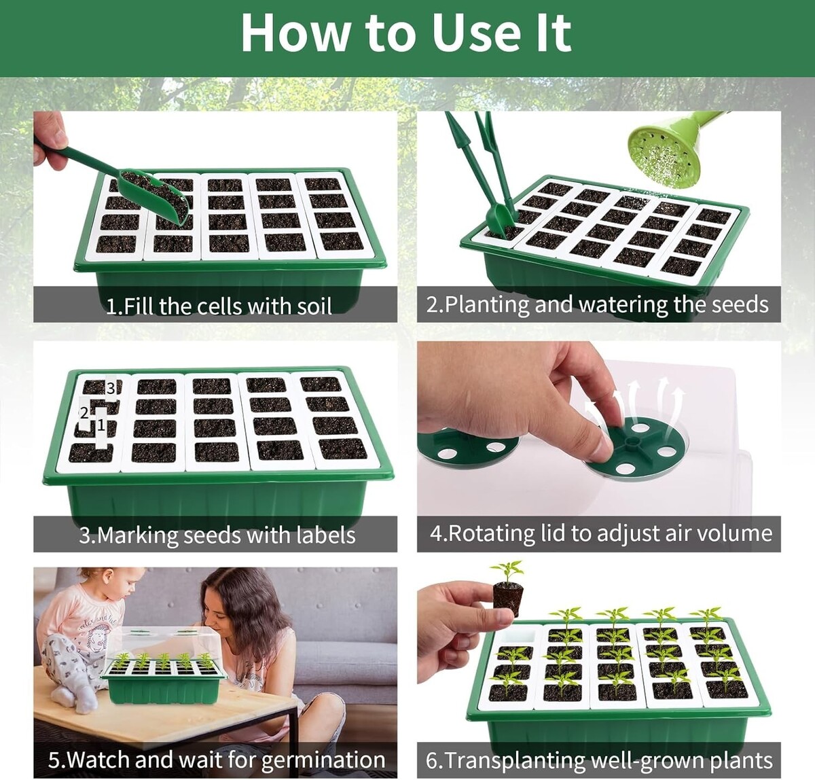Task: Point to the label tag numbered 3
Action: coord(111,389)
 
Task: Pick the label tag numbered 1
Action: coord(101,428)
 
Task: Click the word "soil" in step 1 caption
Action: coord(314,306)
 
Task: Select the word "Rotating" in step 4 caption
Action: coord(489,533)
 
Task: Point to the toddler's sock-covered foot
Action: coord(75,699)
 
